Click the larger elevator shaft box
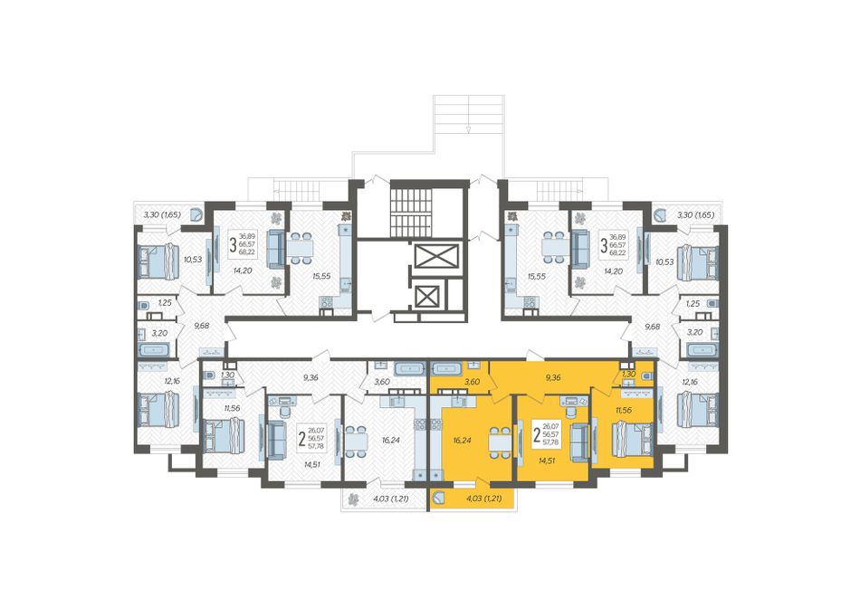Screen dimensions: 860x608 435,256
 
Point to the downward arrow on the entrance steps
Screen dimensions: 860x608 468,130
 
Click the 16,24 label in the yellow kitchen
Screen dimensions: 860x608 463,439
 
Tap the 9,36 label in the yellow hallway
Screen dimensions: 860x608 553,377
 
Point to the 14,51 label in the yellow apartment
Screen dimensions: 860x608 549,461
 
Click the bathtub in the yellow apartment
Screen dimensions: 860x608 447,367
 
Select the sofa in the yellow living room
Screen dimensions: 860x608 578,442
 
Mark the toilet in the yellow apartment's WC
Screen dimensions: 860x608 646,375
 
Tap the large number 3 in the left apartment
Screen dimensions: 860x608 233,244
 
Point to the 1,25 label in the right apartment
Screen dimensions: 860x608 693,303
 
